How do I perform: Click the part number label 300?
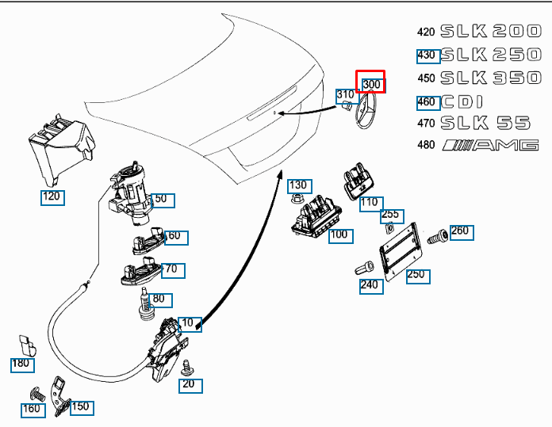[x=371, y=85]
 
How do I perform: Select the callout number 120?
[x=52, y=196]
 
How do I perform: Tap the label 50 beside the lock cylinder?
[x=161, y=199]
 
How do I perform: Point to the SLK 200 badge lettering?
[x=489, y=32]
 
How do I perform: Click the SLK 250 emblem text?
[x=489, y=55]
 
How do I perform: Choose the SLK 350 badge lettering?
[x=489, y=78]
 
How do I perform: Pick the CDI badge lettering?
[x=466, y=101]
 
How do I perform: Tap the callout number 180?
[x=21, y=364]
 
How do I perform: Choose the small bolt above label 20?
[x=189, y=366]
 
